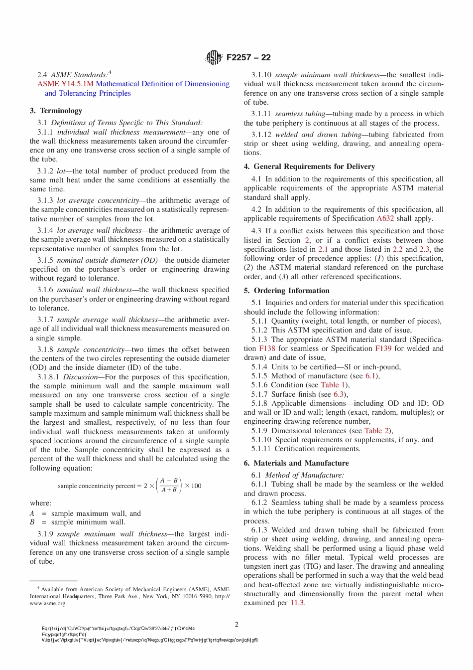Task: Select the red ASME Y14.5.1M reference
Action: coord(65,84)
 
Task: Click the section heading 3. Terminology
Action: coord(56,111)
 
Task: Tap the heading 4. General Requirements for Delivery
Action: coord(309,167)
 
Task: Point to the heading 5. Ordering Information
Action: coord(286,291)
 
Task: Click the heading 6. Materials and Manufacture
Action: coord(296,463)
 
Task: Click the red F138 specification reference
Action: coord(267,348)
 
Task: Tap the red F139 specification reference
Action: coord(383,348)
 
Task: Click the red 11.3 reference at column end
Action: coord(297,603)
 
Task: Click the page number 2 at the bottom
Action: coord(236,624)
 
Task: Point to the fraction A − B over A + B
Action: coord(169,486)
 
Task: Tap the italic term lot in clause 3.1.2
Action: coord(61,171)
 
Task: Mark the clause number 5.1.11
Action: coord(261,449)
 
